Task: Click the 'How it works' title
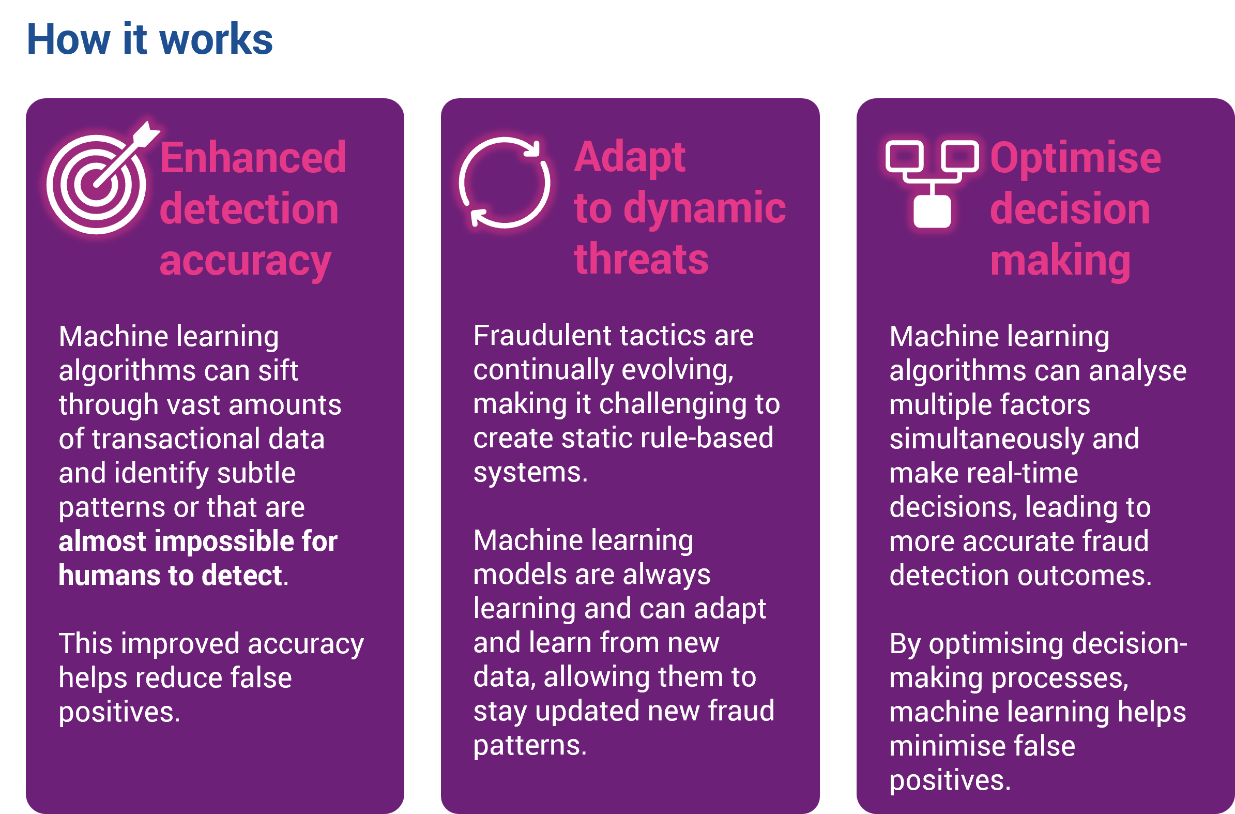149,39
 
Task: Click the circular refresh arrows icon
504,182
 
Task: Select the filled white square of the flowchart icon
932,212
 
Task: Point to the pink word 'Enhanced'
253,157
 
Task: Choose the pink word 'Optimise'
1075,157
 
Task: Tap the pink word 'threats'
641,259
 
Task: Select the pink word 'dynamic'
704,209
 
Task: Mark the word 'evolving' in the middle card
678,370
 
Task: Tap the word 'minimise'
938,745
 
